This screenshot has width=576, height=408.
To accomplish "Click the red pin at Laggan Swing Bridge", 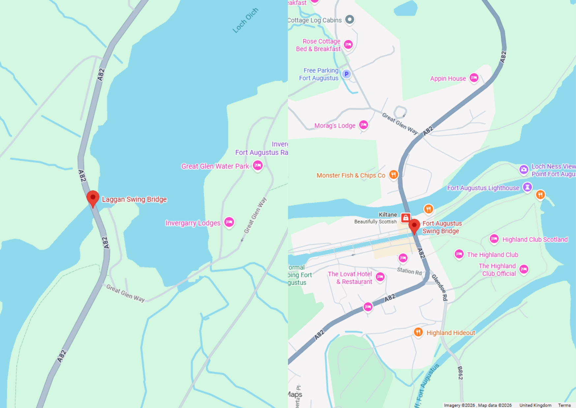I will tap(93, 198).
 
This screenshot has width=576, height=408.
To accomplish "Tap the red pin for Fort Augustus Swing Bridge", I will tap(414, 226).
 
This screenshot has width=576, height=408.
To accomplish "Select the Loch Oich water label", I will tap(245, 20).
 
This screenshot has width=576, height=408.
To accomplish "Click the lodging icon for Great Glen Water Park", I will tap(258, 165).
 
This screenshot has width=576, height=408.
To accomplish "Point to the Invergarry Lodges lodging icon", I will tap(229, 222).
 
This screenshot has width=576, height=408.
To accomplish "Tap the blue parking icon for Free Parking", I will tap(346, 74).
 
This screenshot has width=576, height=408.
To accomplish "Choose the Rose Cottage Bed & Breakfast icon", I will tap(348, 44).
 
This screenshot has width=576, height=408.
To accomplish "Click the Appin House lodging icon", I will tap(474, 78).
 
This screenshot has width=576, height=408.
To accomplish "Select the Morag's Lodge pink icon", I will tap(363, 125).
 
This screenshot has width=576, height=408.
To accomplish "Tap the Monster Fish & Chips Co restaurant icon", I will tap(393, 174).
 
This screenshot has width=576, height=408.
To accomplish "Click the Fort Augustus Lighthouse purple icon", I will tap(527, 187).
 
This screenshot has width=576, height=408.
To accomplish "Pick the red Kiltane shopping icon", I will tap(406, 217).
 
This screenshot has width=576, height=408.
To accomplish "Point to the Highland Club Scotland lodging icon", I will tap(494, 239).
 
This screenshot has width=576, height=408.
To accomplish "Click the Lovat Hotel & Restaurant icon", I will tap(380, 277).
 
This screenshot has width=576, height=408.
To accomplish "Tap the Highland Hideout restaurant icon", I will tap(418, 332).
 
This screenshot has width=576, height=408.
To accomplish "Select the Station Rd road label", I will tap(409, 271).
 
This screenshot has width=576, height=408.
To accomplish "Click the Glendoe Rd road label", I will tap(440, 287).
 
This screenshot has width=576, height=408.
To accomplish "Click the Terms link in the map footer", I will tap(564, 405).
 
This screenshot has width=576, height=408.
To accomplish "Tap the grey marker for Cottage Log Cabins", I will tap(350, 20).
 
